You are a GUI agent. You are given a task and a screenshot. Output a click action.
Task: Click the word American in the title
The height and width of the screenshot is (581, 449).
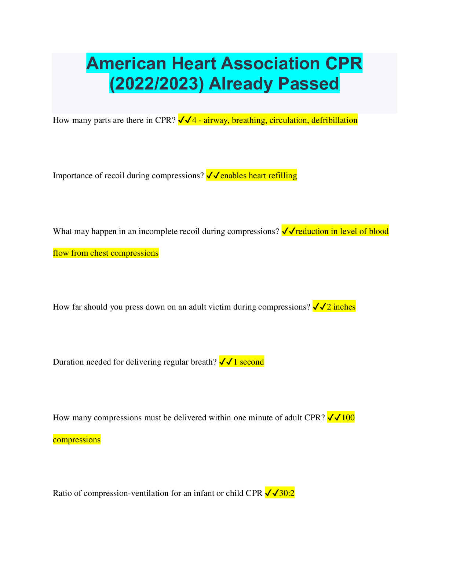click(126, 63)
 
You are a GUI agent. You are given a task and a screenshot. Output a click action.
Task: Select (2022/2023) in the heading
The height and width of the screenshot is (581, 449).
click(157, 84)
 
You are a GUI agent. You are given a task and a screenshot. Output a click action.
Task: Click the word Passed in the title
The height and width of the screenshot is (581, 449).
click(309, 84)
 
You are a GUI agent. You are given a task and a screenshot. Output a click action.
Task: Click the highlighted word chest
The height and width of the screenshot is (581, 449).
click(99, 253)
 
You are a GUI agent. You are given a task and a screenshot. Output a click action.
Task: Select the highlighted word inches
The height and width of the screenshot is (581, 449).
click(344, 307)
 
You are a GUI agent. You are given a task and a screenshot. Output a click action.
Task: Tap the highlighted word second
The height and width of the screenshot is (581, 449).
click(252, 362)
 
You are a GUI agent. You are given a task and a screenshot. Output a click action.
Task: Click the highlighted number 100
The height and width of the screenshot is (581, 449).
click(348, 418)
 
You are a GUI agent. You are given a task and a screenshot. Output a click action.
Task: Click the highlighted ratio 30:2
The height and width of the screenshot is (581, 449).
click(286, 493)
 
